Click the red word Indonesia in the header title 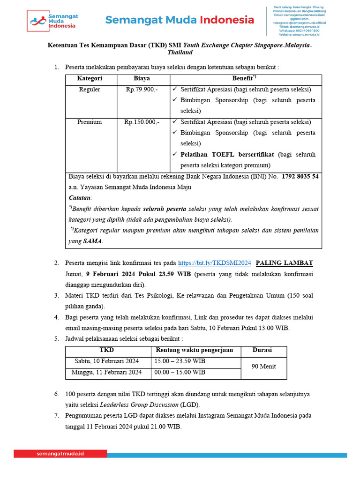click(227, 20)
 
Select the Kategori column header click(90, 79)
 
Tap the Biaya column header click(142, 79)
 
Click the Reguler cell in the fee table click(90, 90)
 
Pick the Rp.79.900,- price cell click(142, 90)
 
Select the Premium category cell click(90, 122)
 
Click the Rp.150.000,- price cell click(142, 122)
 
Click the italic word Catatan click(81, 198)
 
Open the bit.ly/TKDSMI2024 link click(215, 263)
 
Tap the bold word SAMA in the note click(92, 241)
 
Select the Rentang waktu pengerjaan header click(195, 350)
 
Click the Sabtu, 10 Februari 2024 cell click(107, 361)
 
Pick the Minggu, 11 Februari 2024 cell click(107, 372)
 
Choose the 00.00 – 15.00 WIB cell click(180, 372)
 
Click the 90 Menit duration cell click(263, 367)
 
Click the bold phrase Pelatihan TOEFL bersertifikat click(229, 154)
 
